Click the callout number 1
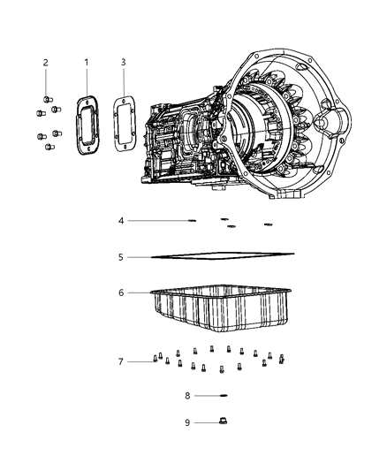(x=86, y=62)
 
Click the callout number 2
(x=45, y=62)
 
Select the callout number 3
(x=123, y=62)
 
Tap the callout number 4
(x=122, y=220)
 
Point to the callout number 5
(x=122, y=257)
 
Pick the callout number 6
(x=122, y=292)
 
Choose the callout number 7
(x=122, y=361)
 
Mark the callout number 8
(x=187, y=395)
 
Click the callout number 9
(x=187, y=422)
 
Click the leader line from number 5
(x=140, y=257)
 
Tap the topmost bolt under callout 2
(x=47, y=98)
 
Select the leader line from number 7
(x=139, y=361)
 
